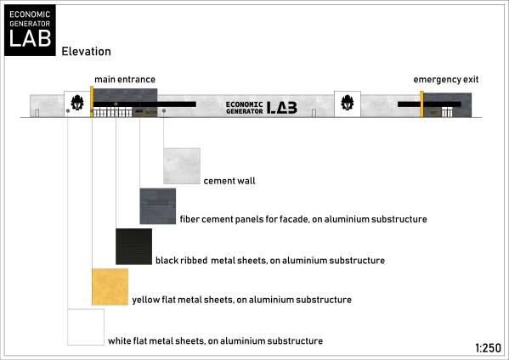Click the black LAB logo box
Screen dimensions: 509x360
click(30, 31)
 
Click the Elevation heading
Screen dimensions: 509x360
click(87, 51)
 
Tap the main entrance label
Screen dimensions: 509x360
click(125, 80)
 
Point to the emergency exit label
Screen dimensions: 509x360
click(446, 80)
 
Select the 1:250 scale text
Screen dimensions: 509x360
click(489, 348)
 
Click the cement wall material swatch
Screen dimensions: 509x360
click(182, 166)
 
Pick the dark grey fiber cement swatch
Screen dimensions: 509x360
click(158, 206)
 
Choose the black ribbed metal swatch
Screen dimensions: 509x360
click(133, 246)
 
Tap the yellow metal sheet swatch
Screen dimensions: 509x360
click(110, 287)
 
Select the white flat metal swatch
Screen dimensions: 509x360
click(86, 327)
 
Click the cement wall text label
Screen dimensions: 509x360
click(229, 181)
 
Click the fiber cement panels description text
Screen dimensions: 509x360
click(303, 219)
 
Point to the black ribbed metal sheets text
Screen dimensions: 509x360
click(270, 261)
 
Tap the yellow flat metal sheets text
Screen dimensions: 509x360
click(242, 300)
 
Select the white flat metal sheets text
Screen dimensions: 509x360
click(216, 340)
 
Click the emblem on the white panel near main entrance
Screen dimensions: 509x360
click(77, 103)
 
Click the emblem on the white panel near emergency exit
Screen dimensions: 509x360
click(348, 103)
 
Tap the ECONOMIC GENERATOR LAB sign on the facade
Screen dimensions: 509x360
click(262, 108)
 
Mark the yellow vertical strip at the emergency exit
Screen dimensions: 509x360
click(421, 104)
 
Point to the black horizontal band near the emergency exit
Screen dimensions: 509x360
click(429, 104)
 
